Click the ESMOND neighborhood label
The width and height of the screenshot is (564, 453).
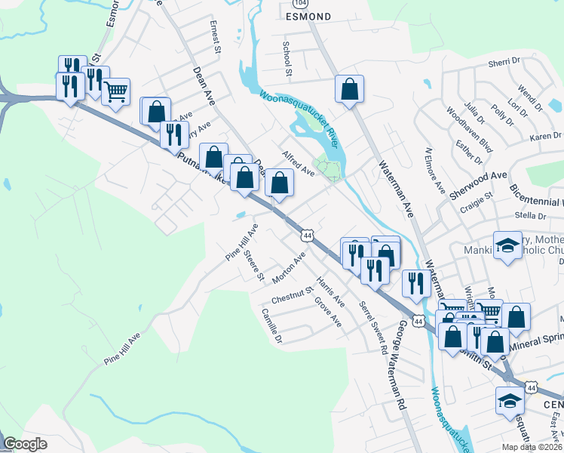308,16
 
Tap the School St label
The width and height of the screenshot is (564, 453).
287,59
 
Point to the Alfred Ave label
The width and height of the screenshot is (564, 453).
298,162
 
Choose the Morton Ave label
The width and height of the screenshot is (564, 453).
289,268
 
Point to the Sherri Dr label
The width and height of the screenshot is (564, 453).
505,65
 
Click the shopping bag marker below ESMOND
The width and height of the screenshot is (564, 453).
350,89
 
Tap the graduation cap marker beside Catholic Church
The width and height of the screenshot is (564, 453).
507,245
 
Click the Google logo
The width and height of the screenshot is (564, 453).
26,444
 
